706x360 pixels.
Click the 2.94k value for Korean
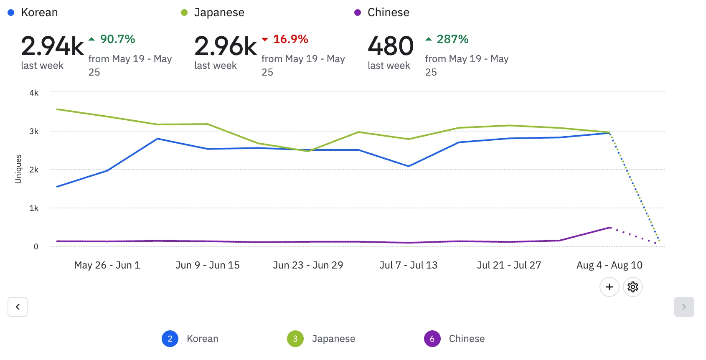(52, 46)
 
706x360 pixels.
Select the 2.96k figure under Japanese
(226, 46)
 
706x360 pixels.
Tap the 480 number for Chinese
(391, 46)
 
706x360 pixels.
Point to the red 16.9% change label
(290, 39)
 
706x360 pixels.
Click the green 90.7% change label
(117, 39)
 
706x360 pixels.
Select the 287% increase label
(452, 39)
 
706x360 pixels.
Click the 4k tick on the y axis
(34, 93)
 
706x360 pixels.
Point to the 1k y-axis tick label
(34, 208)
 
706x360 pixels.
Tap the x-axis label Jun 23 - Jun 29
(308, 265)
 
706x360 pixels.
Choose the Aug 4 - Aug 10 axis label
(609, 265)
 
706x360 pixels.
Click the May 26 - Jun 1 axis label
(107, 265)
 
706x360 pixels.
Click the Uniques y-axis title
(18, 169)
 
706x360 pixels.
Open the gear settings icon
(632, 287)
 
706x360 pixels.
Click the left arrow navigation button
(18, 307)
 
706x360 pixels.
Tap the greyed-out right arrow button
(684, 307)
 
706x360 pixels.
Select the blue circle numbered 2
(170, 339)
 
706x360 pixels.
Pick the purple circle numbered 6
(432, 339)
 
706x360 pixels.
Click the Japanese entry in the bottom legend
(333, 339)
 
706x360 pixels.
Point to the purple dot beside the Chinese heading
(357, 13)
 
